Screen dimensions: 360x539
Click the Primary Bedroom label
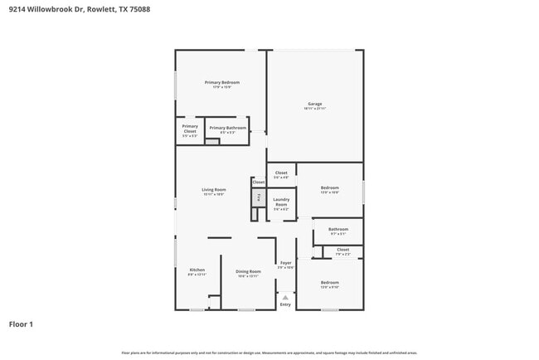pyautogui.click(x=222, y=82)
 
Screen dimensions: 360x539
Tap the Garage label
pyautogui.click(x=314, y=104)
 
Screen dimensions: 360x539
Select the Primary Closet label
pyautogui.click(x=190, y=129)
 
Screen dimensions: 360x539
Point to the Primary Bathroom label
pyautogui.click(x=227, y=128)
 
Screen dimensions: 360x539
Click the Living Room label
pyautogui.click(x=214, y=190)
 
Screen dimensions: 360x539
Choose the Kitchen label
pyautogui.click(x=197, y=270)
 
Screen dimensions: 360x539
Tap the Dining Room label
pyautogui.click(x=248, y=271)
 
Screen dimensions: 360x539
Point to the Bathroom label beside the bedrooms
pyautogui.click(x=337, y=229)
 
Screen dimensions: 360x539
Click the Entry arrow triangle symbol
pyautogui.click(x=285, y=295)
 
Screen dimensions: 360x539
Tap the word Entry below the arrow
pyautogui.click(x=285, y=304)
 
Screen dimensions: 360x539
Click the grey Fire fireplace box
pyautogui.click(x=258, y=197)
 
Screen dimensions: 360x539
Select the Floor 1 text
pyautogui.click(x=21, y=324)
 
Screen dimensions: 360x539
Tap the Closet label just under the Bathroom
pyautogui.click(x=342, y=249)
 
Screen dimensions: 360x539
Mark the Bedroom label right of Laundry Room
pyautogui.click(x=329, y=188)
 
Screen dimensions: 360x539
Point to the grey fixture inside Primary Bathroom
pyautogui.click(x=212, y=142)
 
